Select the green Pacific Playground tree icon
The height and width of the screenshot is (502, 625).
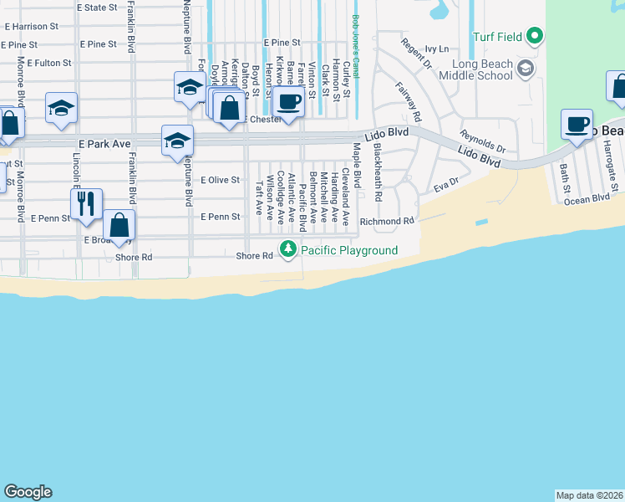coord(288,249)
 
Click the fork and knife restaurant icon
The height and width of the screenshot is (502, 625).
coord(86,203)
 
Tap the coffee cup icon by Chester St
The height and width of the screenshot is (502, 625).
coord(288,102)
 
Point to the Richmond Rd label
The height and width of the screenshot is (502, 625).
coord(387,221)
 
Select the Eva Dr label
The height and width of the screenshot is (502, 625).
coord(447,185)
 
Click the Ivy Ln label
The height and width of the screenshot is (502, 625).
coord(436,50)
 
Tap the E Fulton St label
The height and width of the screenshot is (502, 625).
coord(48,63)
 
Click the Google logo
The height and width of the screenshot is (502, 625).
coord(28,492)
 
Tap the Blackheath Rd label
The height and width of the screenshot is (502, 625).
coord(378,172)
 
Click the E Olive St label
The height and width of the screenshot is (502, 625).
coord(220,180)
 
